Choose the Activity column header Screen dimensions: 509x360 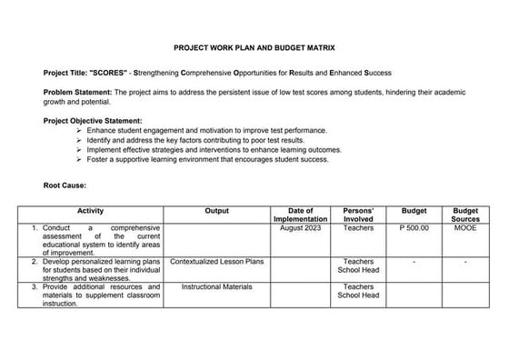point(91,211)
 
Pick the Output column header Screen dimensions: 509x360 point(217,211)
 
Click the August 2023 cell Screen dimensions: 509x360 point(300,228)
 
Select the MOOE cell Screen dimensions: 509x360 point(464,228)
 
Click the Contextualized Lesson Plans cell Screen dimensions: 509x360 point(217,262)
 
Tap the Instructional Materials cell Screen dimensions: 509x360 point(217,287)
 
